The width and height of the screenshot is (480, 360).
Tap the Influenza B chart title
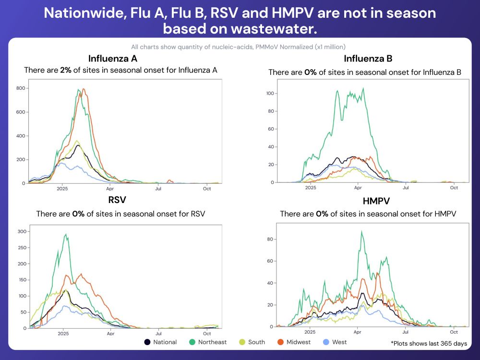click(368, 59)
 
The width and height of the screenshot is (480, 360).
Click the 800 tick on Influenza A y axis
click(20, 88)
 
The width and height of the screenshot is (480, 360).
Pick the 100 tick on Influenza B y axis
click(270, 93)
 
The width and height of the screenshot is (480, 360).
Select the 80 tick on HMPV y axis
click(271, 239)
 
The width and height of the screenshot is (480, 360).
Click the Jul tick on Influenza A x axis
click(158, 189)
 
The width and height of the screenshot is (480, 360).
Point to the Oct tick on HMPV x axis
click(454, 332)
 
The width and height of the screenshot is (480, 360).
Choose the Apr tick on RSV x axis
click(110, 334)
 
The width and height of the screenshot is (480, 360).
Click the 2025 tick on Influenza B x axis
click(311, 188)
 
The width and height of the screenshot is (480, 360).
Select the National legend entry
click(161, 342)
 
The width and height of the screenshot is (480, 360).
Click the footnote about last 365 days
click(429, 344)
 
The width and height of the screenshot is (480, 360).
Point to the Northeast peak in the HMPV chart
click(361, 231)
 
